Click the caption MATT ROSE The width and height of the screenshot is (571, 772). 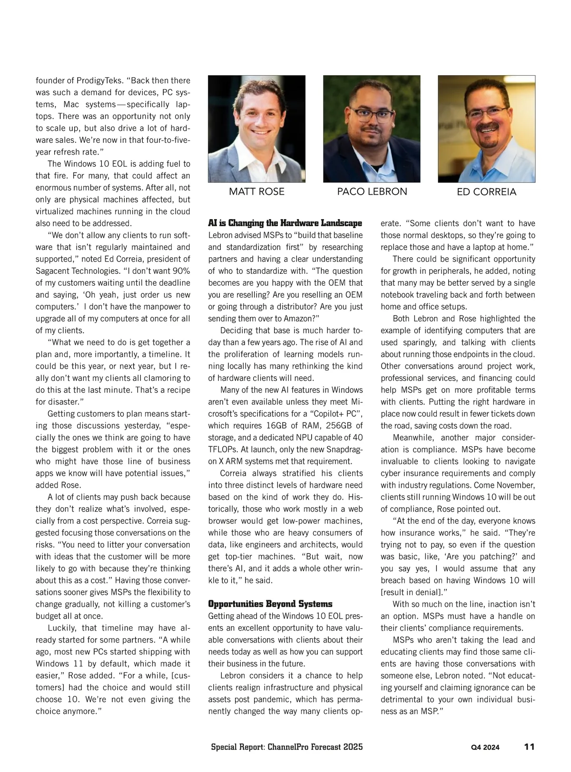pos(256,191)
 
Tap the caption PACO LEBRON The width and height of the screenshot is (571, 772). pos(372,191)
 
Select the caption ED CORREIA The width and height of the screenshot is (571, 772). pos(486,192)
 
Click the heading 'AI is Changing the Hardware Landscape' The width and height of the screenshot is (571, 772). pos(285,223)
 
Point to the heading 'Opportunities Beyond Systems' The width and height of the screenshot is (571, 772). pos(270,604)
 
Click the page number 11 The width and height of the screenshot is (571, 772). pos(529,747)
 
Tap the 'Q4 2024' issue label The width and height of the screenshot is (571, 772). pos(485,747)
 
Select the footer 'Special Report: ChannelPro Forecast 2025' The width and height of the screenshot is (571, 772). pos(287,747)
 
